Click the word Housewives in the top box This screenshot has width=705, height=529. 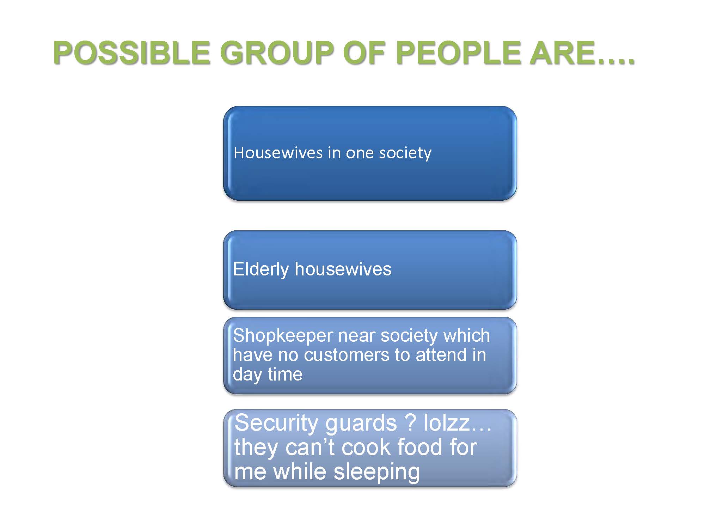point(278,153)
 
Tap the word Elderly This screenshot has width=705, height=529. point(261,269)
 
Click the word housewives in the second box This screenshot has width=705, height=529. point(343,269)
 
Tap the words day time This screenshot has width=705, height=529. point(268,375)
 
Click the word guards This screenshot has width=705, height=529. point(361,424)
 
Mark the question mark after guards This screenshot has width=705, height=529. point(411,422)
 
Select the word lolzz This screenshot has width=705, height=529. point(447,422)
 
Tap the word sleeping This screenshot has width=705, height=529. point(376,473)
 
